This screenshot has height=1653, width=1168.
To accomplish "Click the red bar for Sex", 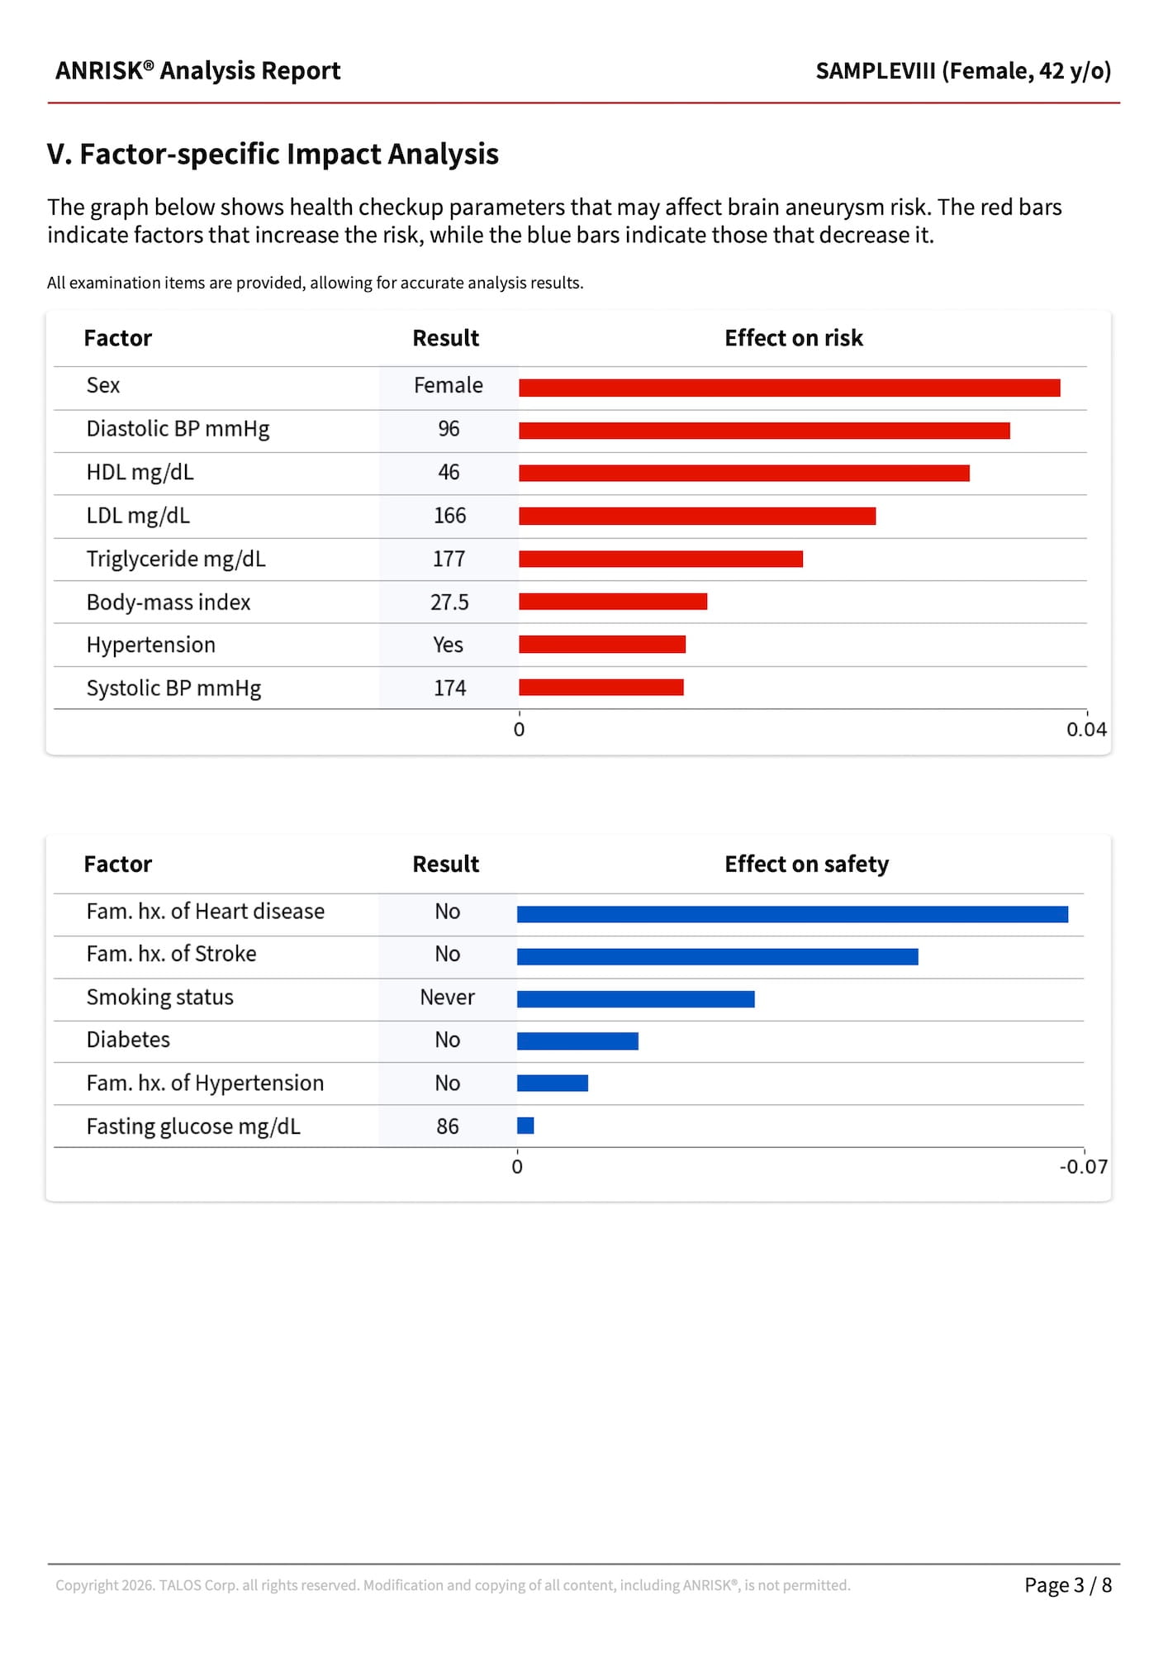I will pyautogui.click(x=789, y=388).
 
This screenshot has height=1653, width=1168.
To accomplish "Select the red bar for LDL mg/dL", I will pyautogui.click(x=696, y=516).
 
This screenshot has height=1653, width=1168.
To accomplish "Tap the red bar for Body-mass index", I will pyautogui.click(x=613, y=602).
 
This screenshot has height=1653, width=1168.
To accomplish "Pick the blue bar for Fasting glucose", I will pyautogui.click(x=525, y=1126).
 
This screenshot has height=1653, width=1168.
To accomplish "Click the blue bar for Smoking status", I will pyautogui.click(x=635, y=999).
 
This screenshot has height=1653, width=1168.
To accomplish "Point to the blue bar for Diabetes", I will pyautogui.click(x=577, y=1041).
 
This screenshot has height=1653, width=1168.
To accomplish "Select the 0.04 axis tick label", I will pyautogui.click(x=1085, y=730).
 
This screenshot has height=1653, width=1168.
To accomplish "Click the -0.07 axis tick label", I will pyautogui.click(x=1083, y=1167).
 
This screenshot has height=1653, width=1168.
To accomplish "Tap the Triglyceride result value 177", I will pyautogui.click(x=449, y=559).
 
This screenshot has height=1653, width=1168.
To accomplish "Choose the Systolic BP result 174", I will pyautogui.click(x=449, y=688).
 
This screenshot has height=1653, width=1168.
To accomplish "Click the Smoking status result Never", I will pyautogui.click(x=447, y=998).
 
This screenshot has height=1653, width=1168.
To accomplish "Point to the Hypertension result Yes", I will pyautogui.click(x=448, y=645).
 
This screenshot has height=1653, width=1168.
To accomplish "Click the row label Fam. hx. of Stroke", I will pyautogui.click(x=171, y=954).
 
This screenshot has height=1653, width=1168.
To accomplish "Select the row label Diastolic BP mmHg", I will pyautogui.click(x=178, y=429).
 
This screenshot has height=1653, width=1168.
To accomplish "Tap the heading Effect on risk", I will pyautogui.click(x=793, y=338).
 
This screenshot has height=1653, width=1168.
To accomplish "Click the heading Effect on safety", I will pyautogui.click(x=806, y=865).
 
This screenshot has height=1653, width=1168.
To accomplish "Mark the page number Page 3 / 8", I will pyautogui.click(x=1067, y=1585).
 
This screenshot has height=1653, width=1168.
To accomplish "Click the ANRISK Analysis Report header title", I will pyautogui.click(x=197, y=71).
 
